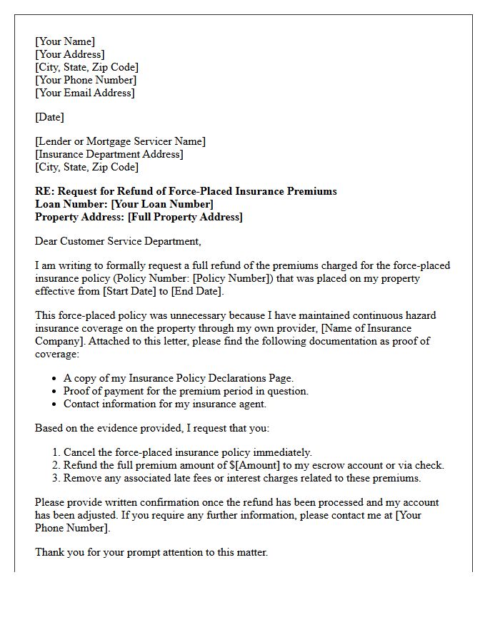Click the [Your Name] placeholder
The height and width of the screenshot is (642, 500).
point(65,41)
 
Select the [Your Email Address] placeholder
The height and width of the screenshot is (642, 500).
point(84,93)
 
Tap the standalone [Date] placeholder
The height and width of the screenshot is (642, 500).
point(49,117)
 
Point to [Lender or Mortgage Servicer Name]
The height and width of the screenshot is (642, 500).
point(120,141)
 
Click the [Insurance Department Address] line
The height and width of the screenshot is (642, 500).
point(109,154)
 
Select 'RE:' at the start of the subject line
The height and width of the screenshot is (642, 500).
point(44,191)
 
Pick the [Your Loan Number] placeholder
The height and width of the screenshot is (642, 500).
point(162,204)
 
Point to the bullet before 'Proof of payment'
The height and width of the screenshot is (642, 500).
point(56,392)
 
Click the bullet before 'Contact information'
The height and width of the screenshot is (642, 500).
point(56,404)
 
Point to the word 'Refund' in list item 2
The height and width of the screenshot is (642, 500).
point(81,465)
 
